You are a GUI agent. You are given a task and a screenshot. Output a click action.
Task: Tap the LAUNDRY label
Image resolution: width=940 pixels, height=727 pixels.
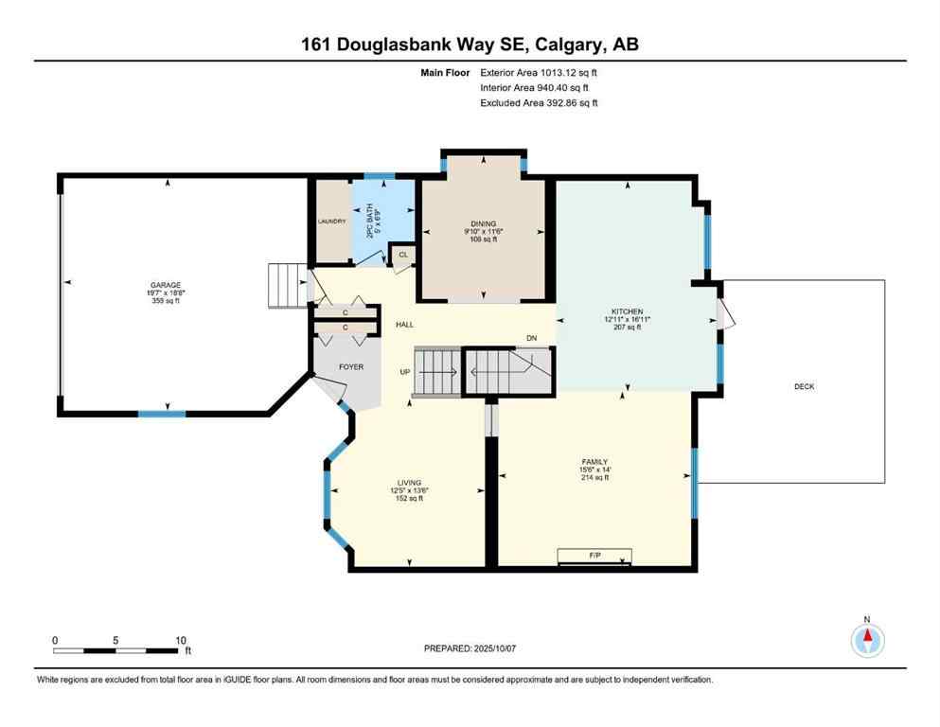[x=331, y=221]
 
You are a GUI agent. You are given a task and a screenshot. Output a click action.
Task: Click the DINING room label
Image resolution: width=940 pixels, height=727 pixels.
[x=483, y=223]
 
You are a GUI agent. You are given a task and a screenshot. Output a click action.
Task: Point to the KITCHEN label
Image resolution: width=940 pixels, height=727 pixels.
[x=627, y=311]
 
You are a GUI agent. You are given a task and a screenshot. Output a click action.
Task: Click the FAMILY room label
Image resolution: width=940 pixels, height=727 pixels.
[x=594, y=462]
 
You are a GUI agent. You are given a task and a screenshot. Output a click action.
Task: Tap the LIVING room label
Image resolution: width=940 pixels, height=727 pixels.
[x=409, y=483]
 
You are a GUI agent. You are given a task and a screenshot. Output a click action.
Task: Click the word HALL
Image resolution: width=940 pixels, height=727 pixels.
[x=405, y=325]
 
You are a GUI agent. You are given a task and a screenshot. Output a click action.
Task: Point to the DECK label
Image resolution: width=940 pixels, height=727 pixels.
[x=804, y=386]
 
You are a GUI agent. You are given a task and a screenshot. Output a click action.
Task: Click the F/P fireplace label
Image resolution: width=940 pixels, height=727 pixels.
[x=595, y=554]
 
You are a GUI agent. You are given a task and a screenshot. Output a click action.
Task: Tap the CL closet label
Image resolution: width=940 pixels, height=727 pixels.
[x=403, y=255]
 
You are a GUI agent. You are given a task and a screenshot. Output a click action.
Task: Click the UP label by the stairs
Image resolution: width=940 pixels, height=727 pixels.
[x=405, y=372]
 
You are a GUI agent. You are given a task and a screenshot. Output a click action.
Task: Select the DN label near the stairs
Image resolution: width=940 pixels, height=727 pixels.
[x=532, y=338]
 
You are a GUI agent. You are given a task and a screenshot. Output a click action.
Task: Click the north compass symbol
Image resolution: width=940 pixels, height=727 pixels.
[x=866, y=640]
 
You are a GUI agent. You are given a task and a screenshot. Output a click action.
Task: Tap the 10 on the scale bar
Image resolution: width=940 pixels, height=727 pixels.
[x=180, y=640]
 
